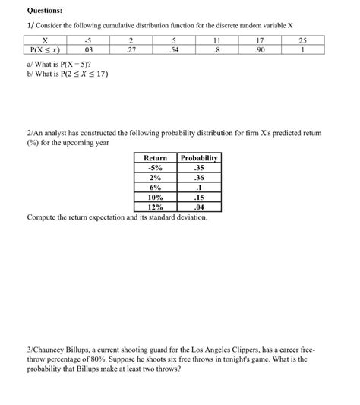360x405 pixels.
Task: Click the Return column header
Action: (156, 158)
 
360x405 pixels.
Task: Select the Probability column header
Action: (199, 158)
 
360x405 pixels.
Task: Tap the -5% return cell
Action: (156, 168)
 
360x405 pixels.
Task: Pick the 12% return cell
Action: (156, 207)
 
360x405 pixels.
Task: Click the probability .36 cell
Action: (199, 178)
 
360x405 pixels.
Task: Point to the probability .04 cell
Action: (199, 207)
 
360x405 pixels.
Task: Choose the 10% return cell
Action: (156, 197)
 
